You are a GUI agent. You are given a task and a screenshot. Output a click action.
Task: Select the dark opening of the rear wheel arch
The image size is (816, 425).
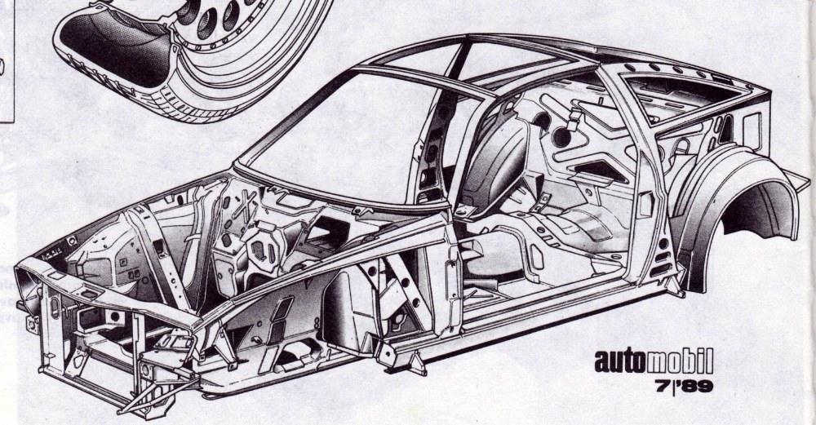tap(755, 208)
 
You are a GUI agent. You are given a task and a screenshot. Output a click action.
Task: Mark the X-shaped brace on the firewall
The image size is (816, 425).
tap(242, 206)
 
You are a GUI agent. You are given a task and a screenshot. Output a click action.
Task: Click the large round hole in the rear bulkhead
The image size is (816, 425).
tap(561, 136)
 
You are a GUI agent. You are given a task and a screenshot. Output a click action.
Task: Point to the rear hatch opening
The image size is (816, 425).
tap(687, 96)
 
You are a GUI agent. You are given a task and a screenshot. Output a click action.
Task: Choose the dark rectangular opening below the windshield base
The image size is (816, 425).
tap(326, 232)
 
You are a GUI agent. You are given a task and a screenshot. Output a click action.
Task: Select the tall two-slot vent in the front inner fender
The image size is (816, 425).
tap(280, 320)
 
